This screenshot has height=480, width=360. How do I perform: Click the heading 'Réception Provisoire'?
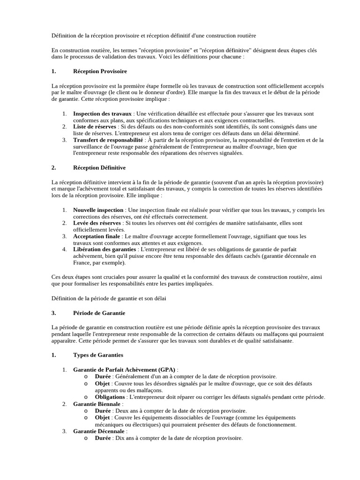click(x=100, y=71)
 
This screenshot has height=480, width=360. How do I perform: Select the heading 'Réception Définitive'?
click(x=99, y=167)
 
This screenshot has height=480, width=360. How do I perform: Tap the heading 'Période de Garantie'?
click(x=99, y=313)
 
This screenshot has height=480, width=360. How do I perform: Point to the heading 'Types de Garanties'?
click(x=98, y=355)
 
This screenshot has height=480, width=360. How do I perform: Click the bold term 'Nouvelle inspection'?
click(x=98, y=210)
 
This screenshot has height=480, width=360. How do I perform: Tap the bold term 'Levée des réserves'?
click(x=97, y=223)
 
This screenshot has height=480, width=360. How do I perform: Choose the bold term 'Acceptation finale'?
click(x=97, y=236)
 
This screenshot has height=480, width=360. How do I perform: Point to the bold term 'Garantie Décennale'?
click(x=99, y=431)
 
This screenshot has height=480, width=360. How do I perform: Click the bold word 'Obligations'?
click(x=110, y=397)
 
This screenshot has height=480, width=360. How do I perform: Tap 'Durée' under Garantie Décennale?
click(x=103, y=438)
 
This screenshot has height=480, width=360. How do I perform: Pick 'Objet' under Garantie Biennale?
click(x=102, y=417)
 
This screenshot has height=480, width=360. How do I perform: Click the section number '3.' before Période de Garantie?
click(x=54, y=313)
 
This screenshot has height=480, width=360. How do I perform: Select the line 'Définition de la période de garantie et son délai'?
click(x=109, y=298)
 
